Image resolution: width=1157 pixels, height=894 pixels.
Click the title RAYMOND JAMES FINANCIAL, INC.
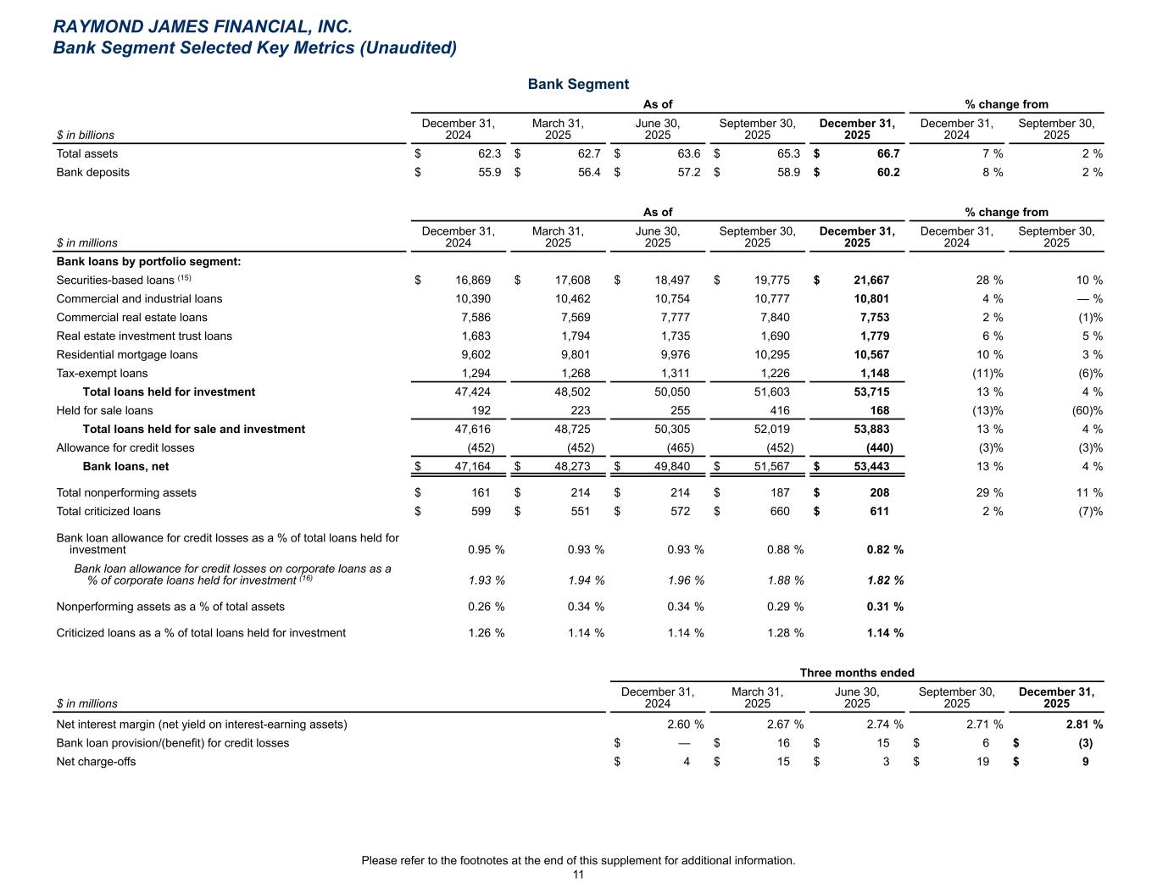tap(202, 28)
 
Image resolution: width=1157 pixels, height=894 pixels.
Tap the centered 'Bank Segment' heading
tap(578, 84)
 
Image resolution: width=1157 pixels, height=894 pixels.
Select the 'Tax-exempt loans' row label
tap(102, 373)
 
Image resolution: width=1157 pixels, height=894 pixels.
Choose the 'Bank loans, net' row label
tap(125, 466)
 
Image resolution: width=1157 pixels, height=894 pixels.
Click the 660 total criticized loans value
tap(778, 511)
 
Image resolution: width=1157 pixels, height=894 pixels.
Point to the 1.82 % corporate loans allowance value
tap(885, 580)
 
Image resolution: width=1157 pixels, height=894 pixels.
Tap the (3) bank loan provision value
tap(1080, 743)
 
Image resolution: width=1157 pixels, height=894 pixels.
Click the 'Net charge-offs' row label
tap(96, 762)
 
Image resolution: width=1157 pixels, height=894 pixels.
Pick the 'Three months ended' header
tap(857, 673)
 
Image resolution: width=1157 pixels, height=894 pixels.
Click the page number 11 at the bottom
tap(578, 875)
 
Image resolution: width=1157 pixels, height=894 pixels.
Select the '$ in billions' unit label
tap(85, 135)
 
